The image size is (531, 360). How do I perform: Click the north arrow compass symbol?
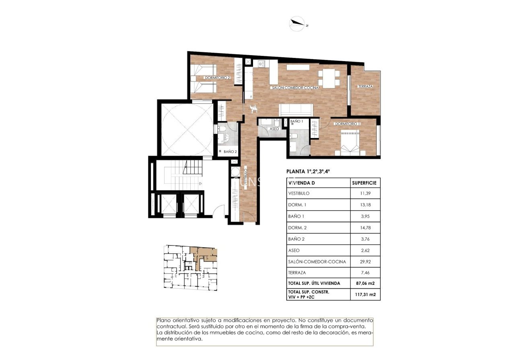[x=298, y=24]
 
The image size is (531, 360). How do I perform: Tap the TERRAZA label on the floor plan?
[x=365, y=86]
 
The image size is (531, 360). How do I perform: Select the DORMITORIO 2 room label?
[x=217, y=78]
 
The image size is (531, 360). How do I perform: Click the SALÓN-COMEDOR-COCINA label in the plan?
[x=294, y=88]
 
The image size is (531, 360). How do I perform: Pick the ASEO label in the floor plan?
[x=274, y=129]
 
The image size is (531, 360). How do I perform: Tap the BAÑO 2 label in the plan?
[x=230, y=152]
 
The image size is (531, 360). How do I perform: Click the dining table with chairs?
[x=329, y=79]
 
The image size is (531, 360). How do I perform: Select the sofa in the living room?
[x=296, y=109]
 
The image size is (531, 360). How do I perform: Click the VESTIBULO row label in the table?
[x=299, y=193]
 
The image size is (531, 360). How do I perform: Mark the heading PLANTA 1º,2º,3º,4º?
[x=308, y=171]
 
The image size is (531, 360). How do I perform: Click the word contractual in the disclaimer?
[x=171, y=326]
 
